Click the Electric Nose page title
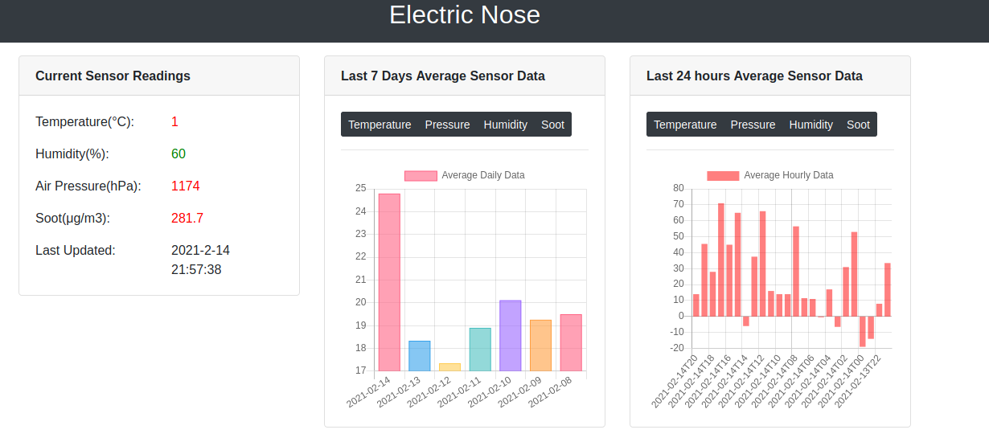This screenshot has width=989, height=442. (x=464, y=15)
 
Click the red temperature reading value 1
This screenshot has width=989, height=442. (x=174, y=122)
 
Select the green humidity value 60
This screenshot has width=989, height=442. (x=179, y=154)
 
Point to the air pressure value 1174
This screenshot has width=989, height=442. (x=185, y=186)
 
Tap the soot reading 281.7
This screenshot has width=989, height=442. (x=187, y=219)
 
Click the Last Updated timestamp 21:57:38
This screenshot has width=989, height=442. (x=196, y=270)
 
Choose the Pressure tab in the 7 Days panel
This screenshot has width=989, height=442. (x=447, y=125)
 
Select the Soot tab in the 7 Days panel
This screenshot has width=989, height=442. (x=552, y=125)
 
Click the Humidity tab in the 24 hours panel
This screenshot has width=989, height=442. (x=810, y=125)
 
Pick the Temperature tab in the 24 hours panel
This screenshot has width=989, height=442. (x=685, y=125)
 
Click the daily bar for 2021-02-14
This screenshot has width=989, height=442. (x=389, y=282)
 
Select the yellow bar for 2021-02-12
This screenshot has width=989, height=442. (x=449, y=367)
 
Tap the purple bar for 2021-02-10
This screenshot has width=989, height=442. (x=510, y=335)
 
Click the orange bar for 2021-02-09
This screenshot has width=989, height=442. (x=540, y=346)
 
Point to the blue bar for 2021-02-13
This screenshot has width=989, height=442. (x=419, y=356)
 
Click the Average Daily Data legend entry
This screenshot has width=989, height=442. (x=465, y=175)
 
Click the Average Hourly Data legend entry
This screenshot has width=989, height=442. (x=770, y=175)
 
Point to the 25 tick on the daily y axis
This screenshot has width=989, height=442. (x=359, y=189)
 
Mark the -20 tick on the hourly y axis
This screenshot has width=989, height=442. (x=676, y=348)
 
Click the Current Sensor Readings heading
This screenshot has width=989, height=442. (x=113, y=76)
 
